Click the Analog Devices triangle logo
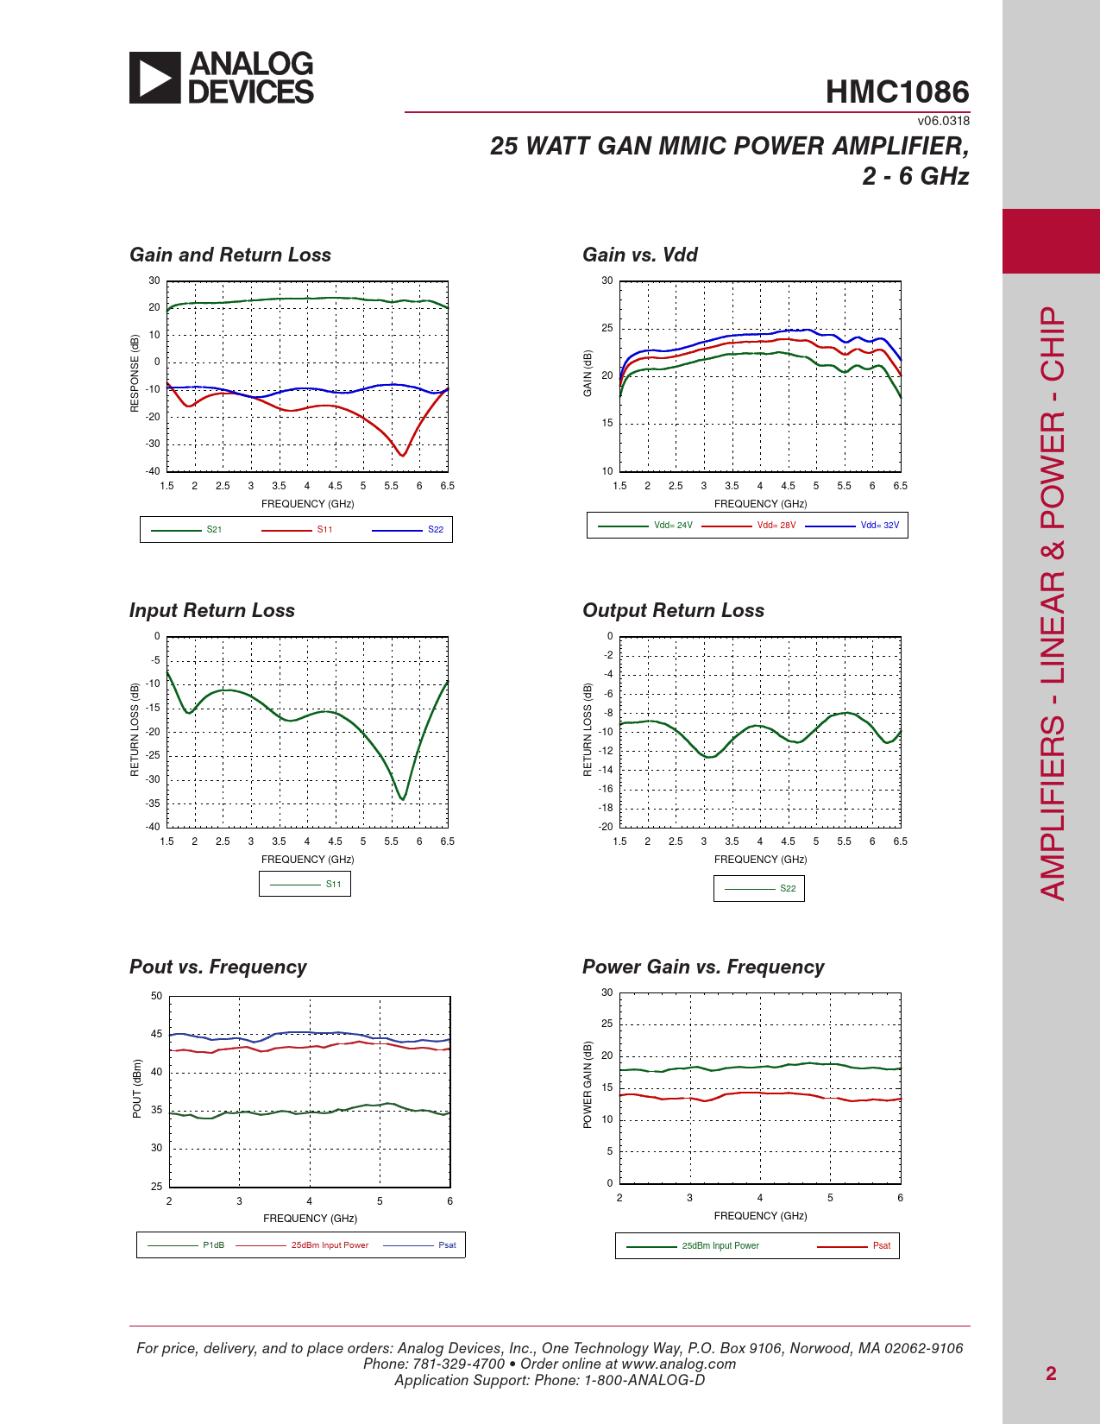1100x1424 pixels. coord(154,78)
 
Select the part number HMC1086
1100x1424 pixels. coord(897,91)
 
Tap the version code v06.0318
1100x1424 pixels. coord(944,121)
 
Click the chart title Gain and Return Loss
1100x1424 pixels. coord(230,255)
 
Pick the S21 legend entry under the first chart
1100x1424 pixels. coord(186,530)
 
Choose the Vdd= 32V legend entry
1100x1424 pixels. coord(852,526)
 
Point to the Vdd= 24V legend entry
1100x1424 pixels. coord(644,526)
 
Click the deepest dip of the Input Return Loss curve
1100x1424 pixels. coord(402,799)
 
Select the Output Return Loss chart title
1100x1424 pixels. coord(674,611)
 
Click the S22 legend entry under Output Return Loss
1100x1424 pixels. coord(760,889)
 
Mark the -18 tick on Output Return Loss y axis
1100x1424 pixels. coord(606,808)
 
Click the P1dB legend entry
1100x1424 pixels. coord(185,1245)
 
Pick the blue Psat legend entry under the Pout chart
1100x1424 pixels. coord(419,1245)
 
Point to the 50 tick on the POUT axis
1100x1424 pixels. coord(156,996)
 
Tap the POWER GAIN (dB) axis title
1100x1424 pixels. coord(588,1085)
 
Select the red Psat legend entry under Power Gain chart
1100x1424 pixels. coord(853,1245)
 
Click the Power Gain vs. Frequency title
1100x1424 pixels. coord(703,967)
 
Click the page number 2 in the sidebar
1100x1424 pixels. coord(1051,1374)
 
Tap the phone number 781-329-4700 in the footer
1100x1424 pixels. coord(459,1364)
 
